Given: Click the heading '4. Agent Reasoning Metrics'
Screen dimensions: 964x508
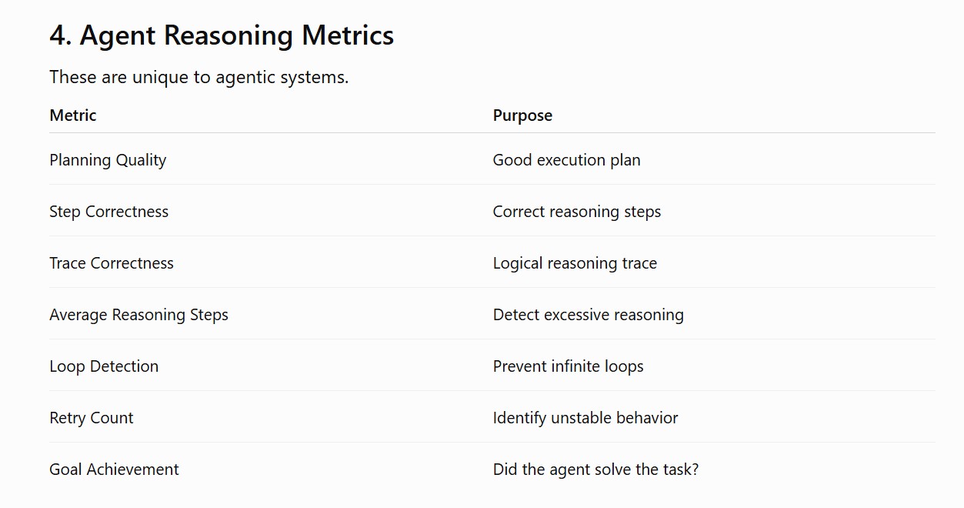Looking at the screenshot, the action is [222, 35].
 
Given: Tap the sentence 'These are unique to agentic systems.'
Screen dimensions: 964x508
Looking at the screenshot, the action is [198, 78].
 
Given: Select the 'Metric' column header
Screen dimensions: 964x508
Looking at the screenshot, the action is [73, 115].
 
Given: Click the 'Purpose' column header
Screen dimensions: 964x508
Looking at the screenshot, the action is [522, 115].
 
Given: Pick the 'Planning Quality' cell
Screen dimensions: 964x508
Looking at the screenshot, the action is [108, 160].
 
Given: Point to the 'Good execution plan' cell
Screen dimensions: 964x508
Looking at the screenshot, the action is [566, 160].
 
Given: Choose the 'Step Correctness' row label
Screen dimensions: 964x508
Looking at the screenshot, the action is [109, 212].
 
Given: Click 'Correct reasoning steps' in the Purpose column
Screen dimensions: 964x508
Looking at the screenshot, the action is [577, 212].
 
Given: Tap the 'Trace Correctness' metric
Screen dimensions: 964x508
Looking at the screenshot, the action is [112, 263].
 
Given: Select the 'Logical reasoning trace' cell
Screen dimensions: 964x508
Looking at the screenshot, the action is [575, 263].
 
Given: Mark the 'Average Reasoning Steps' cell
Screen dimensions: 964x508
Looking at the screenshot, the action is [138, 315].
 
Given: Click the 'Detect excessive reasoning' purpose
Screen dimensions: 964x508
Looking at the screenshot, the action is [589, 315].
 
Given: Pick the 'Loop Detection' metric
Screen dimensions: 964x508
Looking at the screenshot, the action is [104, 366].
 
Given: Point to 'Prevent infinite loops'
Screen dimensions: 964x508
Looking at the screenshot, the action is [568, 366].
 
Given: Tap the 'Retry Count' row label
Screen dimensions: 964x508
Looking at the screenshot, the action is [92, 418].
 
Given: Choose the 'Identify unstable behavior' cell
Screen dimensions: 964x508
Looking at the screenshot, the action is [585, 418].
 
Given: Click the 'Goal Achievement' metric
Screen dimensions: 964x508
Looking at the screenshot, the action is [114, 470].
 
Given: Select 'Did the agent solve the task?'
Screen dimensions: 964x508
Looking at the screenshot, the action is [595, 470].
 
